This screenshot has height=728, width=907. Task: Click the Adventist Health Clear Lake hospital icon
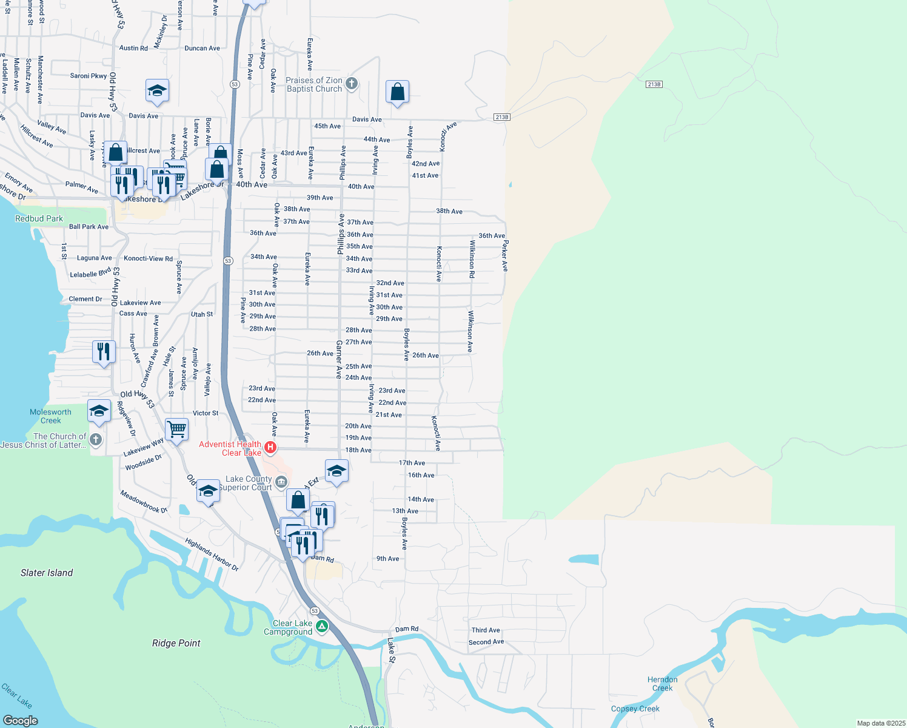click(x=271, y=448)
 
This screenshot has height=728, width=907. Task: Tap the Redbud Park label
click(x=39, y=218)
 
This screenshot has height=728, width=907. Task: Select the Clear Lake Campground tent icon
click(x=322, y=627)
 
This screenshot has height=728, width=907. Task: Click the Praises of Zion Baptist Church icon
click(x=351, y=84)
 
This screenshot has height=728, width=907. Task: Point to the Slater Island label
click(x=47, y=573)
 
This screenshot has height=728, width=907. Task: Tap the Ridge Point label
click(x=176, y=643)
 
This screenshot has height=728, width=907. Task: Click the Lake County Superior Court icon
click(x=281, y=483)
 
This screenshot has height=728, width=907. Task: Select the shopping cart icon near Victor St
click(x=176, y=430)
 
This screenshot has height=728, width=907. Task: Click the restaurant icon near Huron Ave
click(x=104, y=351)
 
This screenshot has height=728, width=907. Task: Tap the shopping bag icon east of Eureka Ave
click(x=397, y=92)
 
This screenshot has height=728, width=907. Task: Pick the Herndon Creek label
click(x=662, y=684)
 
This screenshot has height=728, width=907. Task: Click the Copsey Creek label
click(x=635, y=709)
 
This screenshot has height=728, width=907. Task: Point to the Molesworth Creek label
click(x=50, y=416)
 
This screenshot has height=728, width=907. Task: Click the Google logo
click(x=20, y=720)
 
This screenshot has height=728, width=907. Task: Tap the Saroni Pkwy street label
click(x=89, y=76)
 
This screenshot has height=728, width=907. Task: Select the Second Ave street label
click(x=486, y=642)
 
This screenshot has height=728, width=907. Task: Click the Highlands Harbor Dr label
click(x=212, y=554)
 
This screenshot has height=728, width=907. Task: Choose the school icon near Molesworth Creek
click(x=99, y=411)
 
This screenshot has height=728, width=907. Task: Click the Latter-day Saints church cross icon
click(x=96, y=439)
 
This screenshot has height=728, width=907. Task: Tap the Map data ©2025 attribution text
click(x=880, y=723)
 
